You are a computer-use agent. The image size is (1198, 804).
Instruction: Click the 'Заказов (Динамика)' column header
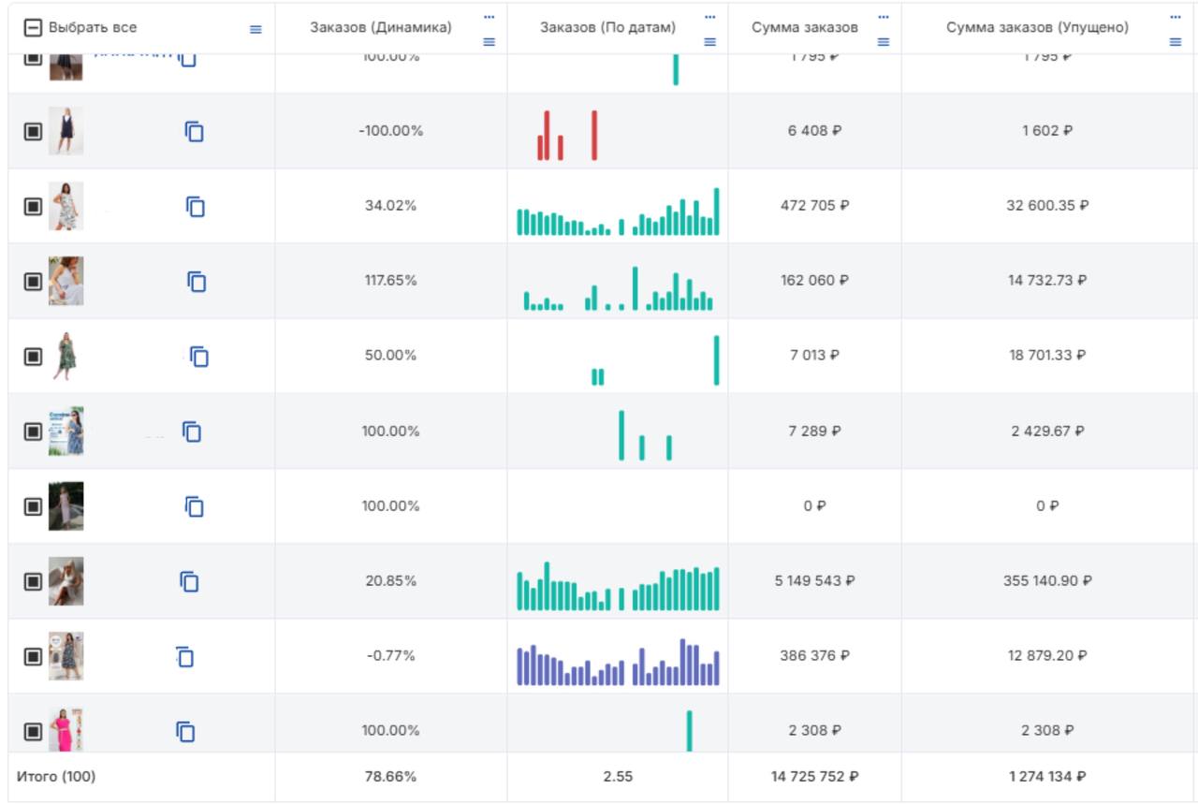coord(380,28)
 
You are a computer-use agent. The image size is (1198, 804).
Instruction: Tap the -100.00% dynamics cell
coord(390,131)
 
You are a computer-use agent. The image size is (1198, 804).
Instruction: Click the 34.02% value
coord(390,206)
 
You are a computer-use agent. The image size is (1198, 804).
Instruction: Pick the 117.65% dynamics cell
coord(390,281)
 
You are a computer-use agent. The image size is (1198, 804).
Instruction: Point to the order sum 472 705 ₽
coord(814,206)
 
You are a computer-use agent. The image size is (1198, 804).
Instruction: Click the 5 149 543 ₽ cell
coord(814,581)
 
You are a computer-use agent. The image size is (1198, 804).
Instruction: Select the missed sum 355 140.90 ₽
coord(1047,581)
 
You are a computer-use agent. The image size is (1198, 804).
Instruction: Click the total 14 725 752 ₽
coord(814,777)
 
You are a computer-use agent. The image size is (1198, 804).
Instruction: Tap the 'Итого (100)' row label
coord(56,777)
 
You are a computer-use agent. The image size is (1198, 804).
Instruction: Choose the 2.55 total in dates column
coord(617,777)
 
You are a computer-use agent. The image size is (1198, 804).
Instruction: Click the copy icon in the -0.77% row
coord(184,657)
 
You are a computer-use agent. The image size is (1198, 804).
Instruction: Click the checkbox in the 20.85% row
coord(33,581)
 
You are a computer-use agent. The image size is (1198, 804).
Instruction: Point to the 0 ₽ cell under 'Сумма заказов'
coord(814,506)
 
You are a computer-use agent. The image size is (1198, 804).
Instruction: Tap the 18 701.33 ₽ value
coord(1047,356)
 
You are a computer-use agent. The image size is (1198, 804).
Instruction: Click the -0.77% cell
coord(390,656)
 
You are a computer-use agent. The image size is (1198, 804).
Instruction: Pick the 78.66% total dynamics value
coord(390,777)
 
